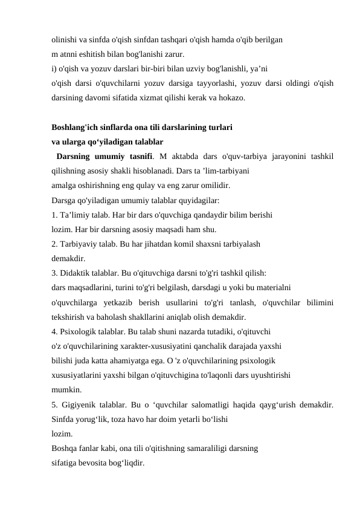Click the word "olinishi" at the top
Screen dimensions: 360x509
pos(65,38)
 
